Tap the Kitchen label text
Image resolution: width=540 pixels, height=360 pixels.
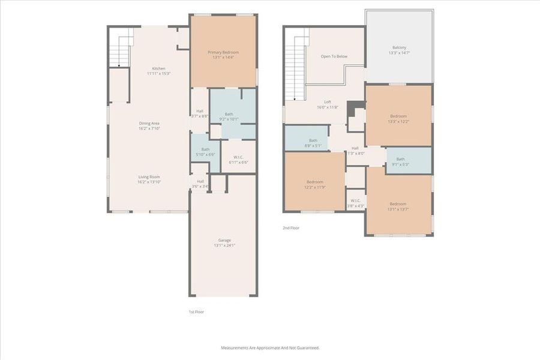point(158,68)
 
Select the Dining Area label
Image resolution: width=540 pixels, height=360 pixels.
point(149,123)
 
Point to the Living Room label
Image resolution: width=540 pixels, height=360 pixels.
point(149,176)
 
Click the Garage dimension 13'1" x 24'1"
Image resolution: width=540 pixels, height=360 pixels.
point(224,245)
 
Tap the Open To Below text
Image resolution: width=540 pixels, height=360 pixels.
point(334,56)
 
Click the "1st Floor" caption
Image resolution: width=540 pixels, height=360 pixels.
point(196,312)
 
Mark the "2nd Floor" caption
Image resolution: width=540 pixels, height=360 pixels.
point(291,228)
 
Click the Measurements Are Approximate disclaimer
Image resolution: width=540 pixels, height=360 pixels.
point(270,348)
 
